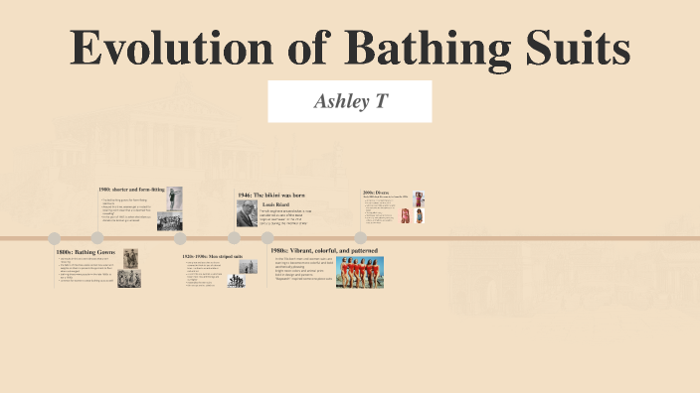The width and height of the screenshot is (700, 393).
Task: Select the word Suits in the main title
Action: coord(579,50)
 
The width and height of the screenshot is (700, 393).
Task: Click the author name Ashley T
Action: coord(350,102)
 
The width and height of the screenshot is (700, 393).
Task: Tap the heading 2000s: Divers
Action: coord(377,193)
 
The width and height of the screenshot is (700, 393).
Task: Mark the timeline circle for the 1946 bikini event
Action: coord(235,238)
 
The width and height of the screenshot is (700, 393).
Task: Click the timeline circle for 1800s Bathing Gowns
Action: coord(55,238)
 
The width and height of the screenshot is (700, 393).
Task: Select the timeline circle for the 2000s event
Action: coord(361,238)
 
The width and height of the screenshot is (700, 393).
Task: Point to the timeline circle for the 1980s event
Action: coord(267,238)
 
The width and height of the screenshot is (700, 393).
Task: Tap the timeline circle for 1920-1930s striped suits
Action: coord(180,238)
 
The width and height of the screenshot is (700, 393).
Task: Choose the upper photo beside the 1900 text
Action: coord(174,198)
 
